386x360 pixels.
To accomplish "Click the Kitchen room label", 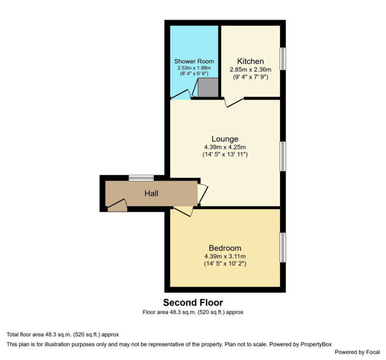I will pyautogui.click(x=250, y=61).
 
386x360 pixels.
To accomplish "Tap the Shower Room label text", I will pyautogui.click(x=194, y=61).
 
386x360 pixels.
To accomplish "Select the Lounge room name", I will pyautogui.click(x=225, y=139).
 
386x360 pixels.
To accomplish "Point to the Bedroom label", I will pyautogui.click(x=225, y=248).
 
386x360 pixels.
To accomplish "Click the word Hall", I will pyautogui.click(x=152, y=193).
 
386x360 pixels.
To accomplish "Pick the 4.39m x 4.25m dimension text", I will pyautogui.click(x=225, y=147).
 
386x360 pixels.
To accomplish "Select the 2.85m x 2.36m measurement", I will pyautogui.click(x=250, y=69).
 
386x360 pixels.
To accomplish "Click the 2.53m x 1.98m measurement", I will pyautogui.click(x=194, y=67).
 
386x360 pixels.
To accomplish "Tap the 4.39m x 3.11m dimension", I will pyautogui.click(x=225, y=256).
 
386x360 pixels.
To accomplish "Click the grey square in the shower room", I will pyautogui.click(x=208, y=87).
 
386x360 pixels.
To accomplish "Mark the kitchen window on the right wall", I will pyautogui.click(x=283, y=59).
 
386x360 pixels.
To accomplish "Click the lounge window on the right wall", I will pyautogui.click(x=283, y=156).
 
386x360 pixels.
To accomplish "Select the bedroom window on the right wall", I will pyautogui.click(x=283, y=247).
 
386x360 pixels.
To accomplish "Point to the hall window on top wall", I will pyautogui.click(x=141, y=177).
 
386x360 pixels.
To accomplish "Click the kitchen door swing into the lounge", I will pyautogui.click(x=233, y=102).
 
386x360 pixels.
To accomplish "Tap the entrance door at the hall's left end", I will pyautogui.click(x=117, y=205).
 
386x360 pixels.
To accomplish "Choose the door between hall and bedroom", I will pyautogui.click(x=183, y=211).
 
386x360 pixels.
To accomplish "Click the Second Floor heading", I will pyautogui.click(x=192, y=302).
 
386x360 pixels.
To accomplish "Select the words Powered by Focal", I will pyautogui.click(x=357, y=352).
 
